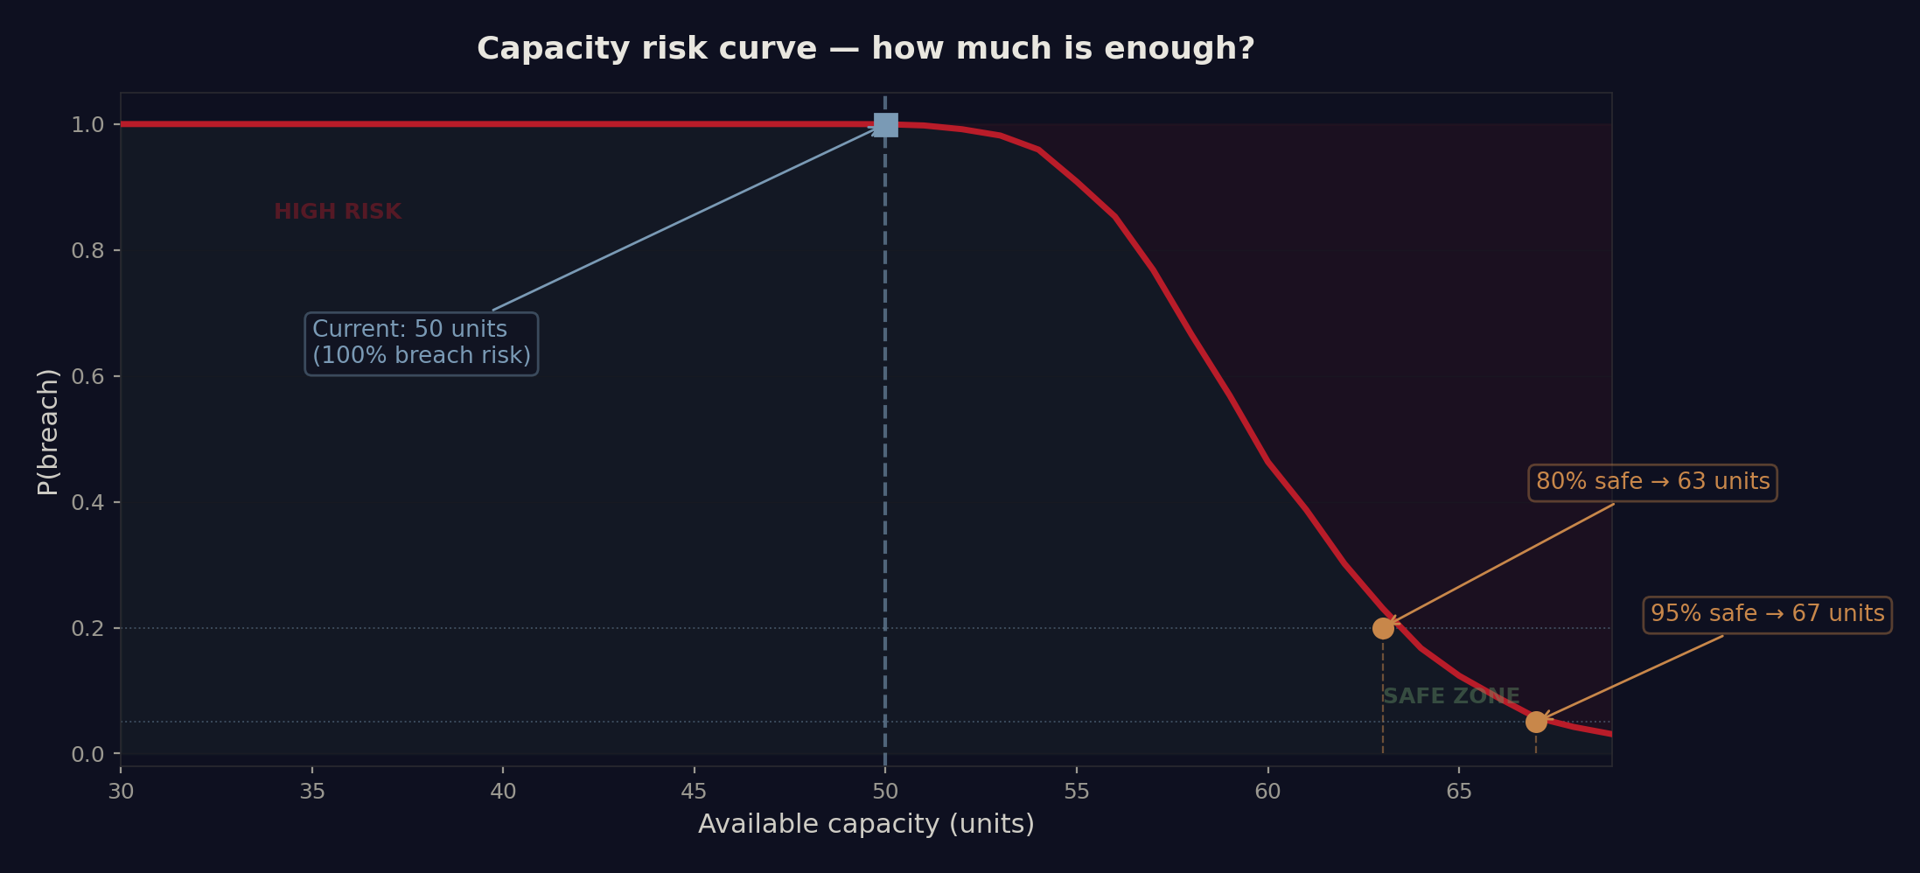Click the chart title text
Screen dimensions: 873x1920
(x=865, y=49)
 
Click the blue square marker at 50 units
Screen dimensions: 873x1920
(x=885, y=125)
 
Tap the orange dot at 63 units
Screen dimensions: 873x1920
(x=1383, y=628)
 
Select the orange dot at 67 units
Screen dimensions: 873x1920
(x=1536, y=722)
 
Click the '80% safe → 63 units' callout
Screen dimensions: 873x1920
(x=1652, y=483)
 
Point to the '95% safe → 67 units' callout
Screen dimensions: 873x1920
(x=1767, y=615)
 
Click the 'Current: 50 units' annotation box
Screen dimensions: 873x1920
(x=422, y=343)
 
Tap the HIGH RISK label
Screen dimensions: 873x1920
(x=338, y=213)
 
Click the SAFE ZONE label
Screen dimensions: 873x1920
(x=1451, y=697)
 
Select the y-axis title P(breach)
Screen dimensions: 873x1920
(x=48, y=431)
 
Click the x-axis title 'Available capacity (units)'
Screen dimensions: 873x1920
(x=866, y=825)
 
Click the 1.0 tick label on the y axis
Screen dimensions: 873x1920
(x=87, y=125)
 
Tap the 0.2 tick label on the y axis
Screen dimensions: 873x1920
(x=87, y=629)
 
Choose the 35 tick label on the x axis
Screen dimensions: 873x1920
(x=312, y=793)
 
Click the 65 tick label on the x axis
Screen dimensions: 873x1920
(x=1459, y=793)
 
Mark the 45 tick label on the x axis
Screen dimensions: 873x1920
(x=695, y=793)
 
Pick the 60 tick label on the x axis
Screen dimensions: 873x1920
(x=1267, y=793)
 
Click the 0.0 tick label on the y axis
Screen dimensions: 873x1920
(x=87, y=755)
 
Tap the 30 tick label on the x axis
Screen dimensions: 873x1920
(x=121, y=793)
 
